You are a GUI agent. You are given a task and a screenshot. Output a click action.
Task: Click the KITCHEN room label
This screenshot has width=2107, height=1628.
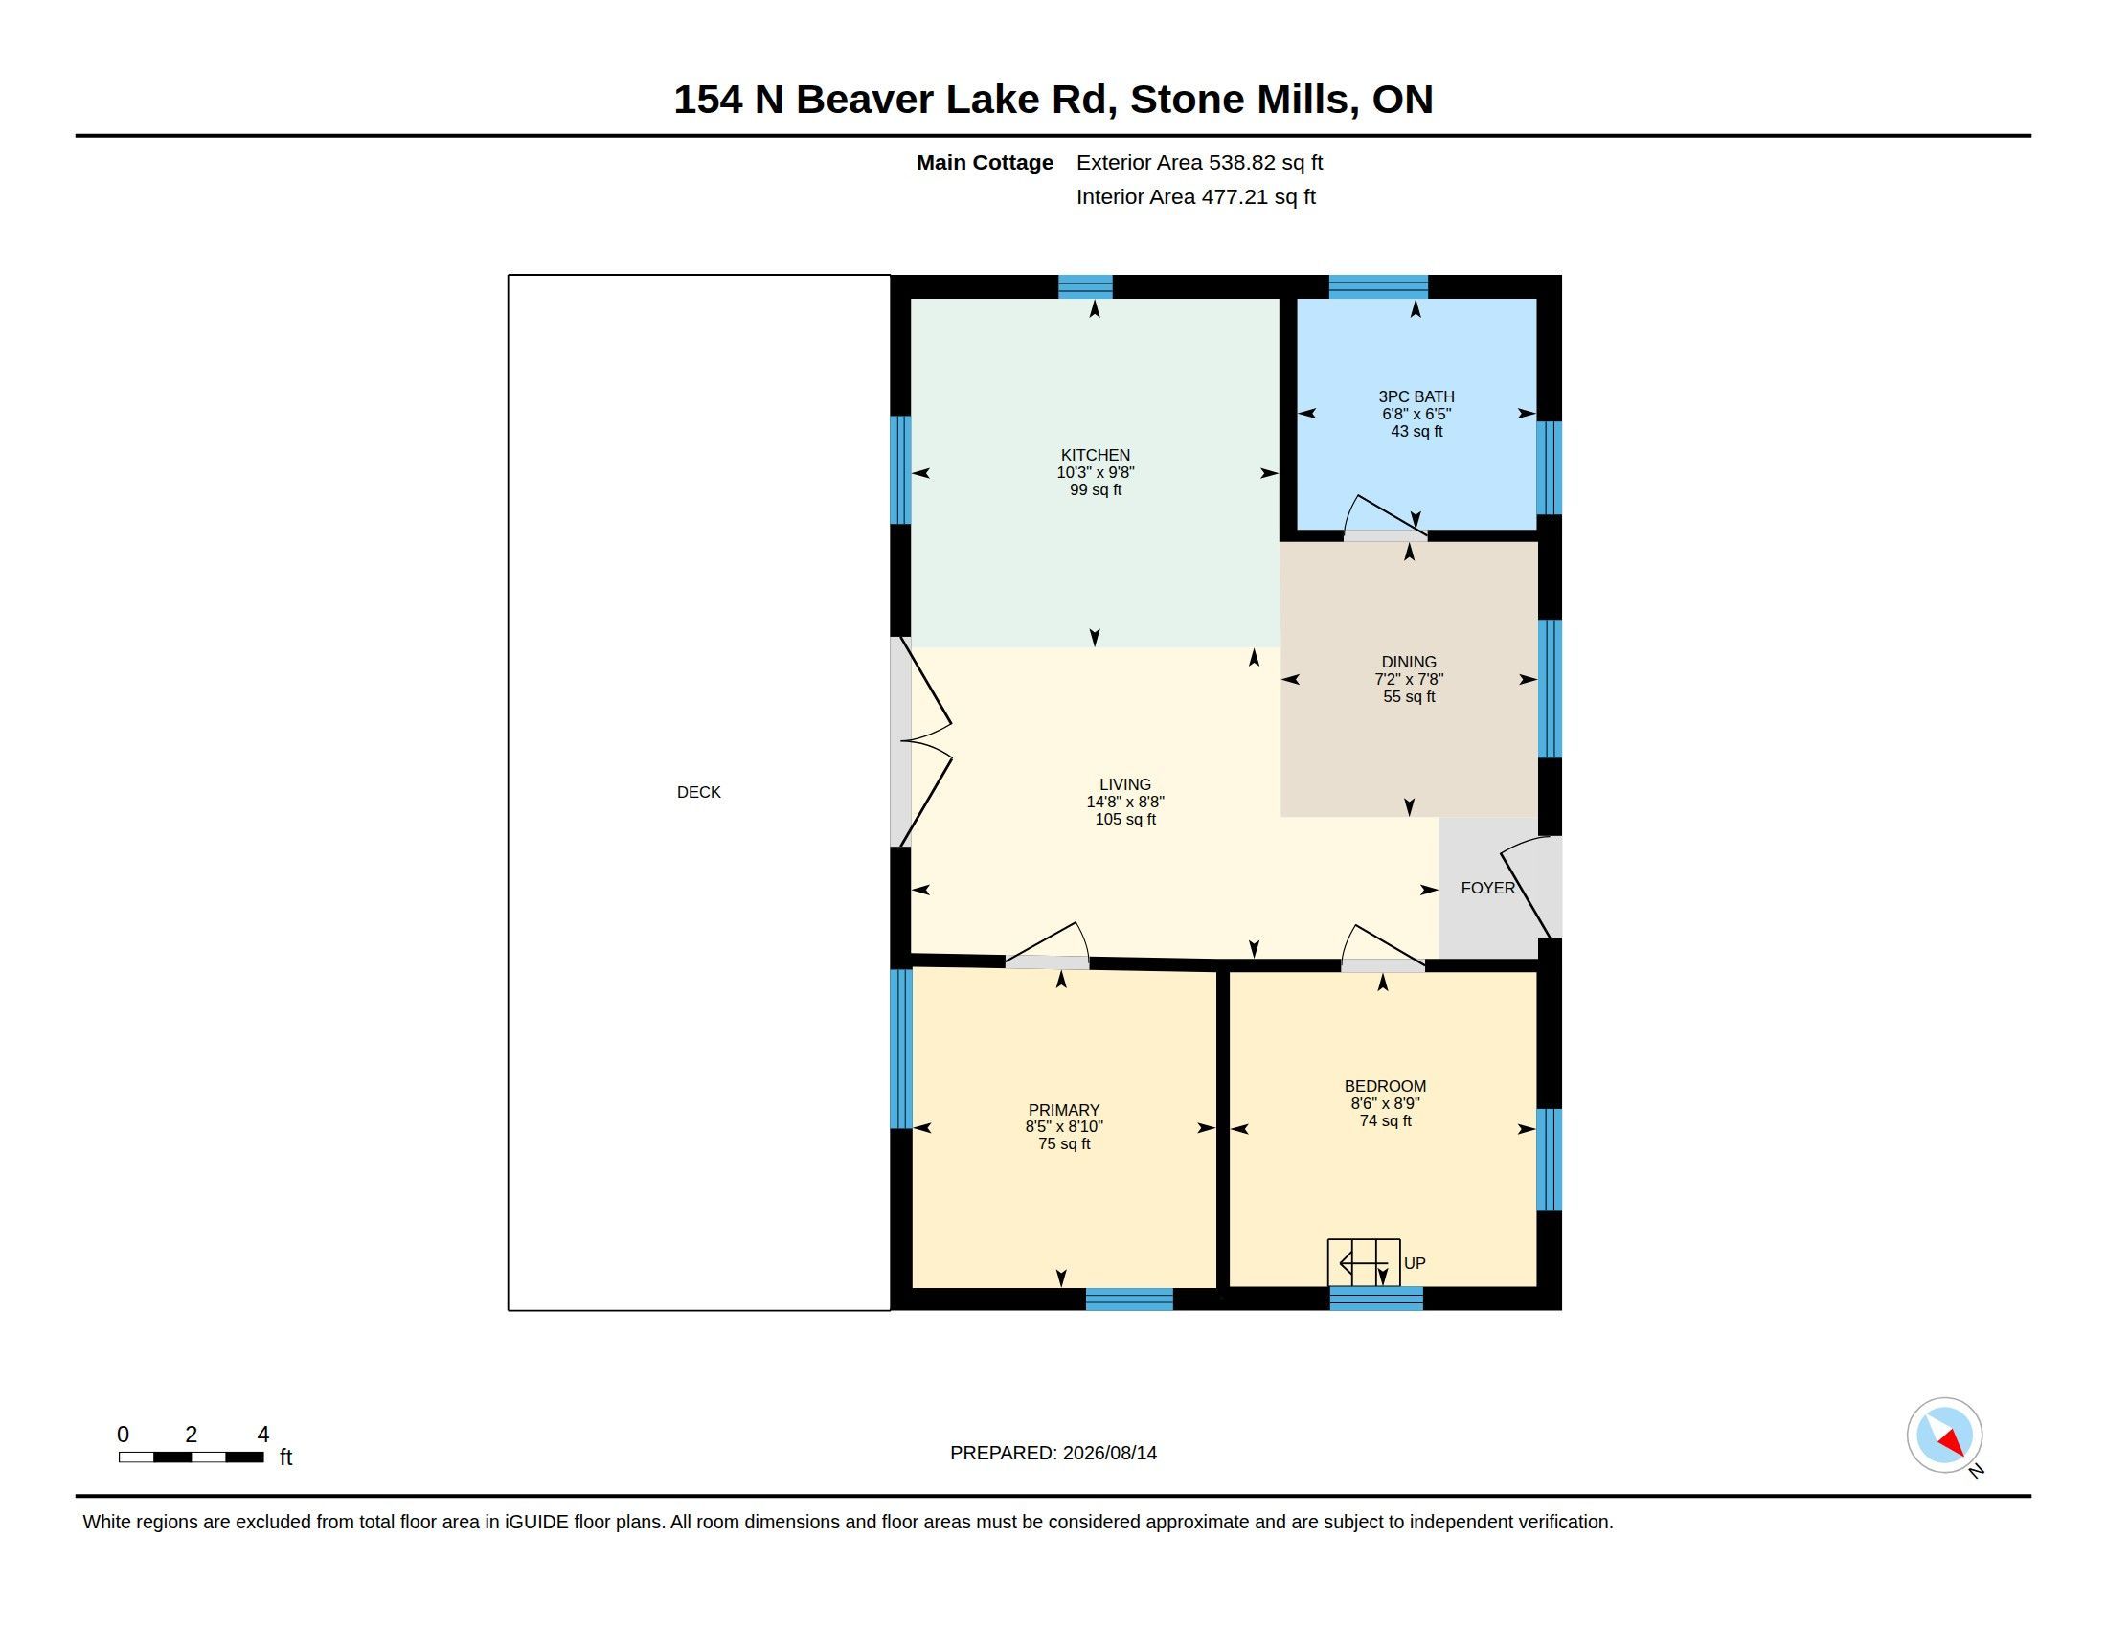(x=1095, y=455)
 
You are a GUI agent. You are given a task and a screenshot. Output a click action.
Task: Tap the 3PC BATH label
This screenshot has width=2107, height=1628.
(x=1416, y=396)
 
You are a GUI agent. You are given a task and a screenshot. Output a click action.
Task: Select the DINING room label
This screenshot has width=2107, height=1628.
(x=1409, y=662)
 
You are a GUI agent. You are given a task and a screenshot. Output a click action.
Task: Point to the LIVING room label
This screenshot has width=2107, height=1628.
(x=1125, y=784)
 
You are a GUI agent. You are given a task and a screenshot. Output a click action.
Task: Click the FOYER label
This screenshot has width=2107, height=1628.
(x=1487, y=888)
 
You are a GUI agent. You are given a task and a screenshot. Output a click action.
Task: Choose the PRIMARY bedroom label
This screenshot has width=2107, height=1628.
(x=1064, y=1110)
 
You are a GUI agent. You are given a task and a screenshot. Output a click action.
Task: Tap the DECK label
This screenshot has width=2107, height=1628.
(x=698, y=792)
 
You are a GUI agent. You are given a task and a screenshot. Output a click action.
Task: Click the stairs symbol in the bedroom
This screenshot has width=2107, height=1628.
(x=1363, y=1261)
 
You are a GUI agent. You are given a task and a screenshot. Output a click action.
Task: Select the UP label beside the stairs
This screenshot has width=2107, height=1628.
(x=1415, y=1262)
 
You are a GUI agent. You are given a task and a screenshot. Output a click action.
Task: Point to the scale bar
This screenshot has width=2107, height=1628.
(x=191, y=1457)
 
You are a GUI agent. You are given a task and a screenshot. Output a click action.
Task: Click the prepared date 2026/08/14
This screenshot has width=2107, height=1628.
(x=1109, y=1453)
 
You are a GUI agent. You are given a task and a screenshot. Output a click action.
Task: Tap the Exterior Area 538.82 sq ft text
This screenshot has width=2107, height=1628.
(x=1199, y=162)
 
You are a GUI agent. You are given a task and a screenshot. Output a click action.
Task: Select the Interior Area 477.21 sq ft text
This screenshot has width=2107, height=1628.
(x=1195, y=196)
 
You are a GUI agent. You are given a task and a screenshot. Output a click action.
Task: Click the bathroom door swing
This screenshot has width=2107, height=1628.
(x=1385, y=516)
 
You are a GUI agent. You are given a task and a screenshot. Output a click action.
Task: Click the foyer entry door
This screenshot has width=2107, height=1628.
(x=1529, y=886)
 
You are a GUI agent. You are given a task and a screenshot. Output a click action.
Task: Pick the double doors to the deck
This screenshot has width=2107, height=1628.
(x=921, y=740)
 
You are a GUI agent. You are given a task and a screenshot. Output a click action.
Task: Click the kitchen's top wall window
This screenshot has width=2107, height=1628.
(x=1085, y=286)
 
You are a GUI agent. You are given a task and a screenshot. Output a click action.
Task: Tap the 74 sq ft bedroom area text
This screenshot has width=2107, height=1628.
(x=1386, y=1120)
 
